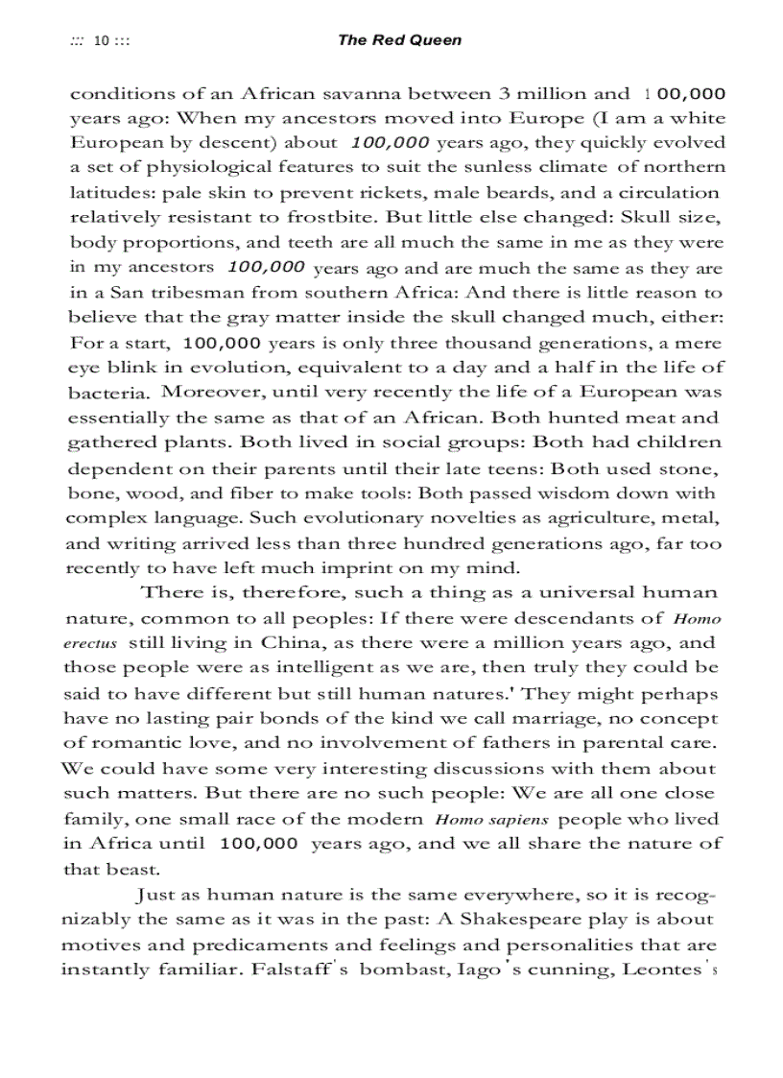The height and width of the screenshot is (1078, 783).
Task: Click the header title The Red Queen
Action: [399, 40]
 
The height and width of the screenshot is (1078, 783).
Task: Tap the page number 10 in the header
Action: [101, 41]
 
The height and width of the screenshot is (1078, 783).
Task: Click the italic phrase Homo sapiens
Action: [491, 819]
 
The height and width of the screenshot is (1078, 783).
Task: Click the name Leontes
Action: [661, 969]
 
